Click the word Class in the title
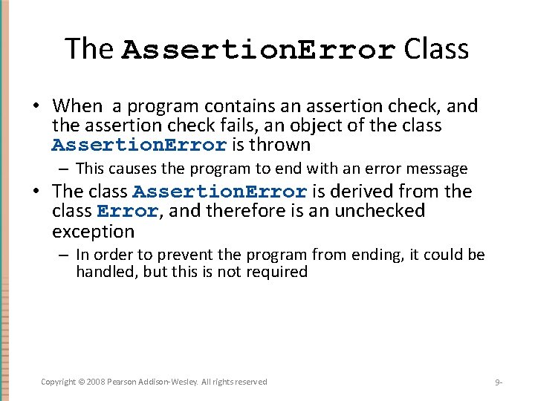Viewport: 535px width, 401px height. tap(436, 49)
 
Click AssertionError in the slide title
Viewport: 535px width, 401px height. tap(258, 50)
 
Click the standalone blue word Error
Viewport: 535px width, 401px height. tap(127, 212)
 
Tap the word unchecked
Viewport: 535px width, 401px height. tap(380, 211)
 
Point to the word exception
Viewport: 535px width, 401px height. tap(93, 231)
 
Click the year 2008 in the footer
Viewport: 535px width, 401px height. tap(94, 382)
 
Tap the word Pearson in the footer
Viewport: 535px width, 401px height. tap(124, 382)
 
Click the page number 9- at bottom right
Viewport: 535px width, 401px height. tap(499, 382)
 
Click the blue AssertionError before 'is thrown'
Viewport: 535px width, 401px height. tap(139, 145)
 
